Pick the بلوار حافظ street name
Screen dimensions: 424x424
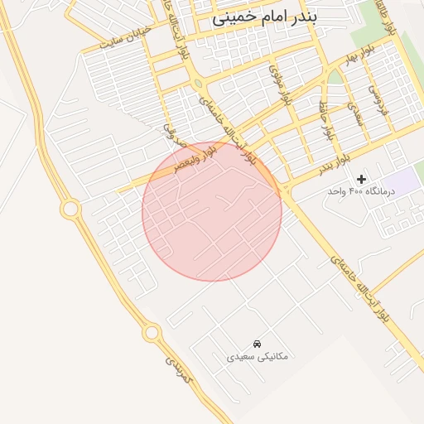pyautogui.click(x=327, y=118)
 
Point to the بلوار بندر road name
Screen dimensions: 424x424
pyautogui.click(x=333, y=161)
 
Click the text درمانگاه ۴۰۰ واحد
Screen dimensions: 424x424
pyautogui.click(x=361, y=191)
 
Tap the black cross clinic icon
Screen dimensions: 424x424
pyautogui.click(x=361, y=179)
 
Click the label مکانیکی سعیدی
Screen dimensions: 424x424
pyautogui.click(x=258, y=356)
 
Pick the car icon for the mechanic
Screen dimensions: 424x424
pyautogui.click(x=258, y=343)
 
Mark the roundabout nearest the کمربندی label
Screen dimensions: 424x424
pyautogui.click(x=152, y=333)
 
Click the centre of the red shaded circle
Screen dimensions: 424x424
pyautogui.click(x=212, y=210)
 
